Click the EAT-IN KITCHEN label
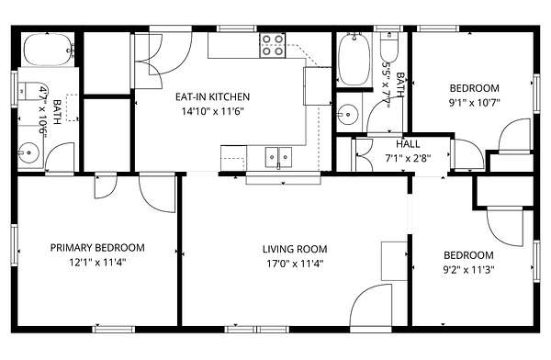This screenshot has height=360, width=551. [213, 96]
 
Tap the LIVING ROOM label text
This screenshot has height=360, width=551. [295, 249]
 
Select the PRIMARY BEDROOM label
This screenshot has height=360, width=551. [97, 248]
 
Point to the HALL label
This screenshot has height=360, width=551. [408, 144]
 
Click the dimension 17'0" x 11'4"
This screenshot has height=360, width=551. [295, 264]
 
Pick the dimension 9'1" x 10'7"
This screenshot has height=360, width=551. [475, 103]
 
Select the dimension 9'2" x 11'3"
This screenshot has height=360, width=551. [468, 270]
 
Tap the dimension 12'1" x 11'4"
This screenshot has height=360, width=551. [97, 263]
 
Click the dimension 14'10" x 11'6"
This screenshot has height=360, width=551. [213, 111]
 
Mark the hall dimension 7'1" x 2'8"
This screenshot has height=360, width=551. [408, 159]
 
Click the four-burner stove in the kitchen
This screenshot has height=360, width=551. [273, 45]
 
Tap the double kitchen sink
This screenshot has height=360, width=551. [278, 157]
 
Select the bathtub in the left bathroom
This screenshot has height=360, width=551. [48, 50]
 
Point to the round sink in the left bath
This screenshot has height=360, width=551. [29, 152]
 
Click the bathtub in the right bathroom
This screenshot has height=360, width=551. [354, 60]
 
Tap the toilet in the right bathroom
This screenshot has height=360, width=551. [389, 48]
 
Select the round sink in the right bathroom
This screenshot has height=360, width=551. [347, 114]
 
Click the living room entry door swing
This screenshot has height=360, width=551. [371, 306]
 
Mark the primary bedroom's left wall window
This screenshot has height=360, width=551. [14, 244]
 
